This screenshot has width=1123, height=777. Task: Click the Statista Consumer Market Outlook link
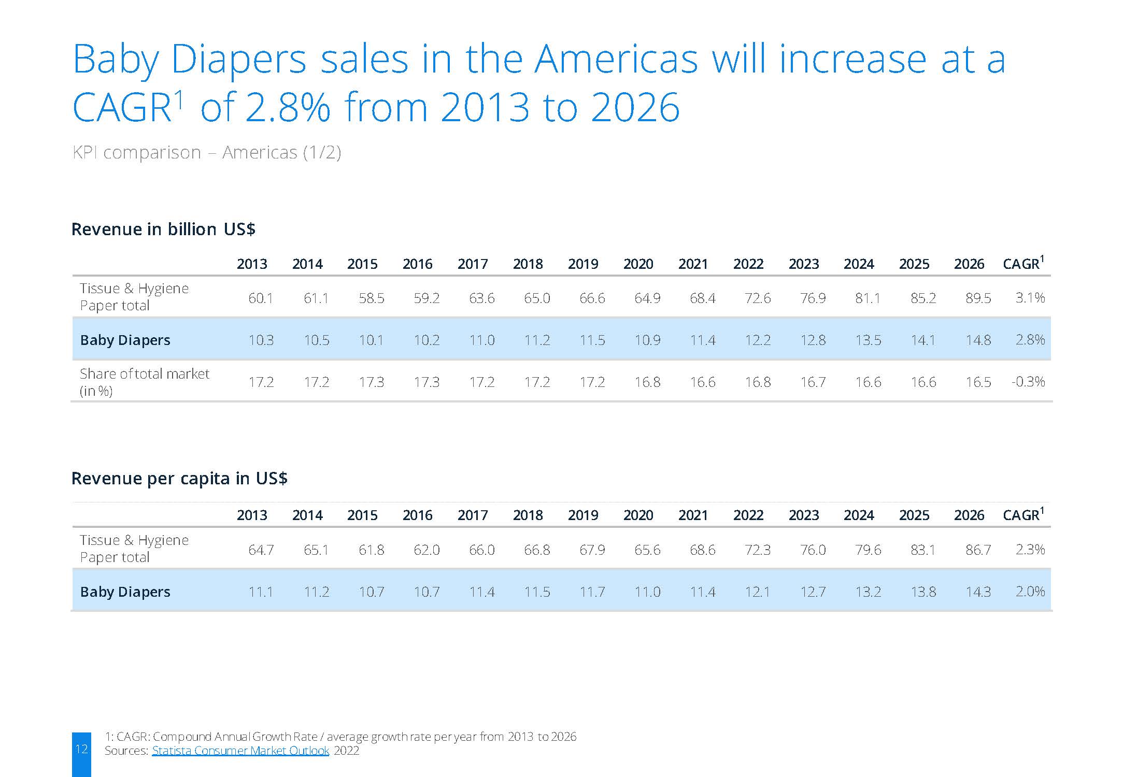pyautogui.click(x=240, y=751)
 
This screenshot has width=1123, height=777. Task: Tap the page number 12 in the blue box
pyautogui.click(x=81, y=749)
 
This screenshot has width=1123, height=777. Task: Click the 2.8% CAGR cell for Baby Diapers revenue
pyautogui.click(x=1030, y=340)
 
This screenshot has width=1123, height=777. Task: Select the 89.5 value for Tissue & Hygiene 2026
pyautogui.click(x=978, y=298)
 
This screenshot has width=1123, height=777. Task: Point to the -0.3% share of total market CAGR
pyautogui.click(x=1028, y=382)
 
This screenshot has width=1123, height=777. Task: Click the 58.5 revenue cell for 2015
pyautogui.click(x=371, y=298)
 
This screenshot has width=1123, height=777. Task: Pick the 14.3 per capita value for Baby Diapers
pyautogui.click(x=978, y=592)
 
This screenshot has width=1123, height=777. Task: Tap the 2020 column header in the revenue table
pyautogui.click(x=638, y=264)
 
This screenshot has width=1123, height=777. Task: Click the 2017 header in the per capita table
pyautogui.click(x=473, y=515)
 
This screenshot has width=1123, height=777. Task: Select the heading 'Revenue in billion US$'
pyautogui.click(x=163, y=229)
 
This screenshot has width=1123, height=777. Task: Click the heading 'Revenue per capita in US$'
pyautogui.click(x=179, y=478)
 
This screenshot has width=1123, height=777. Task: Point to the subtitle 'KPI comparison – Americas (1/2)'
pyautogui.click(x=206, y=153)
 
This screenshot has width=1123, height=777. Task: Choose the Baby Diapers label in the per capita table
pyautogui.click(x=125, y=592)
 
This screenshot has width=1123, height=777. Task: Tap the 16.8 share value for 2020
pyautogui.click(x=647, y=382)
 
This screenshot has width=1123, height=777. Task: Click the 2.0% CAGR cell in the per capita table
pyautogui.click(x=1030, y=592)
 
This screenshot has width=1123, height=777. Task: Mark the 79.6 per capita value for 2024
pyautogui.click(x=868, y=550)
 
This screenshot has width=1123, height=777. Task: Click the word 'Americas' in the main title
pyautogui.click(x=616, y=59)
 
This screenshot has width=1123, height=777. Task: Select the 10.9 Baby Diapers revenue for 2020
pyautogui.click(x=647, y=340)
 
